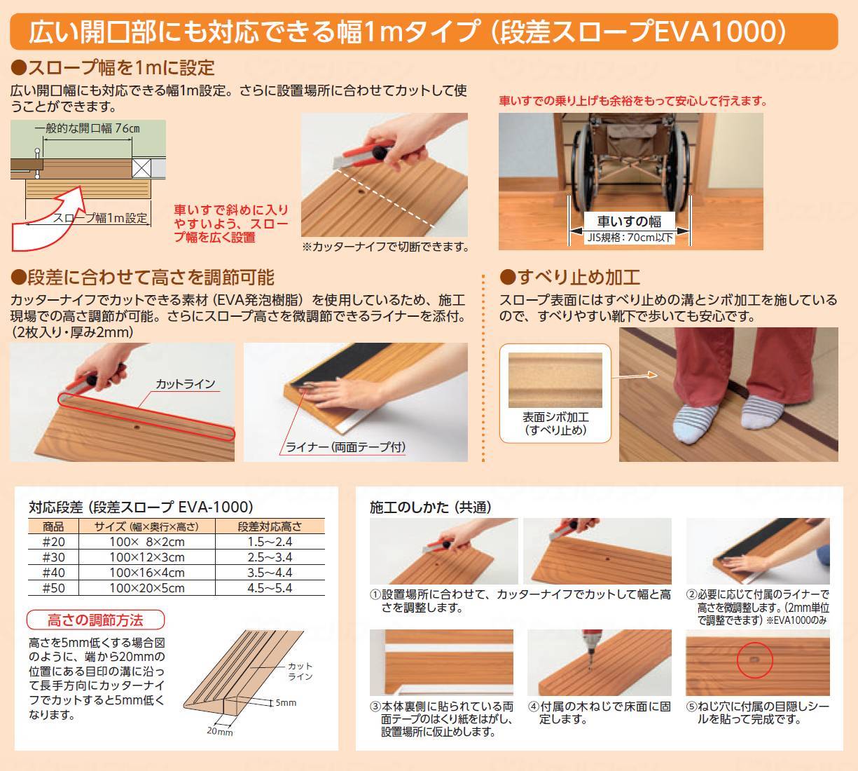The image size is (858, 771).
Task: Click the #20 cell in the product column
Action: tap(53, 542)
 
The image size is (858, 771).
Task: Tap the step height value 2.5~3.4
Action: tap(270, 557)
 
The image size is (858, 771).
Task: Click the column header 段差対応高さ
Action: tap(270, 526)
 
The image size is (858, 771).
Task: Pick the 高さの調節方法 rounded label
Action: tap(95, 620)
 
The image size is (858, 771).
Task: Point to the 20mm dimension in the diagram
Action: tap(219, 731)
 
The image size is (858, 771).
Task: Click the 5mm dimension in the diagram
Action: tap(285, 702)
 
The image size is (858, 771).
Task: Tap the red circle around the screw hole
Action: tap(754, 660)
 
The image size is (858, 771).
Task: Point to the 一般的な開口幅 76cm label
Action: tap(88, 128)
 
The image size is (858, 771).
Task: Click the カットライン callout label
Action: tap(185, 384)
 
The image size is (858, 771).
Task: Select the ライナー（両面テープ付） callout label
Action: tap(346, 446)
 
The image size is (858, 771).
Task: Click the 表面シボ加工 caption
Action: tap(555, 417)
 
